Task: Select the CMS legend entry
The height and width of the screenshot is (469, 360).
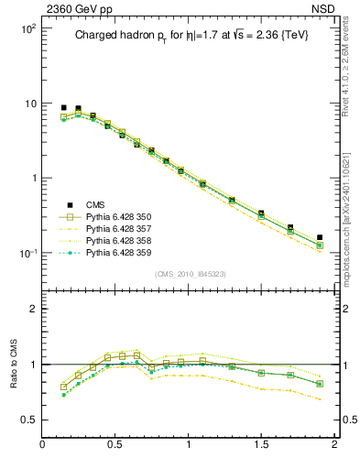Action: [x=96, y=204]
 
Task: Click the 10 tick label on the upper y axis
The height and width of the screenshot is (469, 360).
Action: [x=29, y=104]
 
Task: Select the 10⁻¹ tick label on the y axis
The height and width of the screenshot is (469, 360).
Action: [x=27, y=254]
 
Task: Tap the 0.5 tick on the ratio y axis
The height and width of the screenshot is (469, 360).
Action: [x=27, y=420]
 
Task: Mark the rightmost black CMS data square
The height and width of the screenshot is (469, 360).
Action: [x=320, y=237]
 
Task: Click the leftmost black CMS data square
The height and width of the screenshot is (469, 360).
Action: [x=63, y=107]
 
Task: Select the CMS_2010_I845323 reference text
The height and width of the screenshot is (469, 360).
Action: [x=189, y=274]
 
